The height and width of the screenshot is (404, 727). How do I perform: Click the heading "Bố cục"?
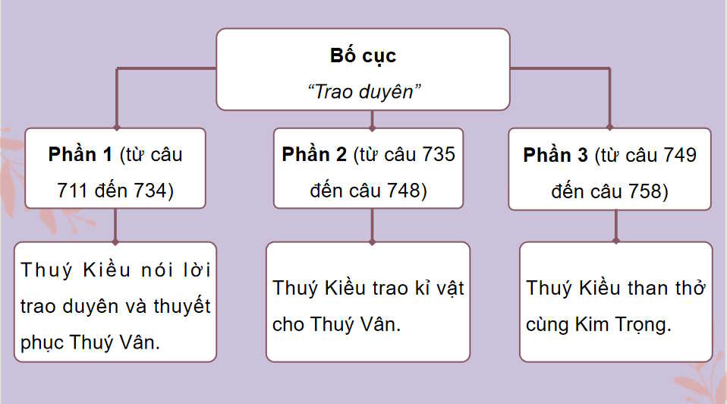363,56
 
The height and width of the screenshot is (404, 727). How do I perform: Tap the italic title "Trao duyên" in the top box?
363,91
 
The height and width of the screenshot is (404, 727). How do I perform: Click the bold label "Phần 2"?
314,154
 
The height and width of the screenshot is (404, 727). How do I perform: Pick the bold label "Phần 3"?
555,156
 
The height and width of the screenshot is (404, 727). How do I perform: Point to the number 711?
72,191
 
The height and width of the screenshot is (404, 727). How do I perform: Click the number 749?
676,156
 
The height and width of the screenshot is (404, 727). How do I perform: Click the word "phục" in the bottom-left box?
42,342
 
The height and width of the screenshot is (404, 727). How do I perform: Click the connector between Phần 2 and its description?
371,226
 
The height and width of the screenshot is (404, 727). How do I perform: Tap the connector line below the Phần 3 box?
615,225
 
